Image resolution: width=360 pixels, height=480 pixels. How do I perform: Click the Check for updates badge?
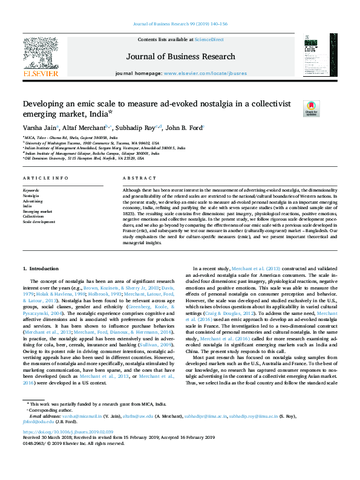pyautogui.click(x=311, y=108)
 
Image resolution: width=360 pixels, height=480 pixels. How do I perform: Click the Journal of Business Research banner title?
pyautogui.click(x=180, y=57)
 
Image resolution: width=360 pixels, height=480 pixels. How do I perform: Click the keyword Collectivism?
pyautogui.click(x=34, y=216)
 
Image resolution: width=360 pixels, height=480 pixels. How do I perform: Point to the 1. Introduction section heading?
pyautogui.click(x=41, y=267)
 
